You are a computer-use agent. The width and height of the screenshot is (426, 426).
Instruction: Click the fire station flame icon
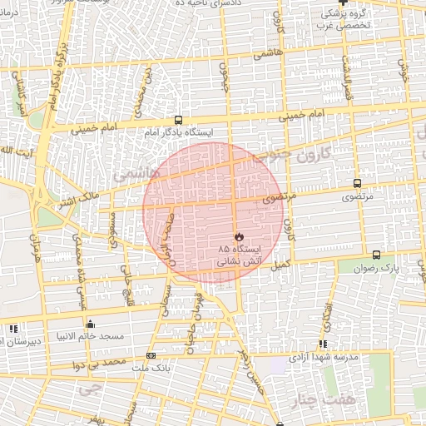click(240, 236)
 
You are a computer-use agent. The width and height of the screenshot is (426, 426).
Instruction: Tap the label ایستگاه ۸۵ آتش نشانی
click(240, 255)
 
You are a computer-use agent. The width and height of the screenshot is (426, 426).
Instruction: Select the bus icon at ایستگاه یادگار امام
click(177, 120)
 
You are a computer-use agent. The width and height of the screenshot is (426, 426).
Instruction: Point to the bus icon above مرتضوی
click(357, 184)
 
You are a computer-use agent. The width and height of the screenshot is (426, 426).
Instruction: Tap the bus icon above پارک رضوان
click(376, 255)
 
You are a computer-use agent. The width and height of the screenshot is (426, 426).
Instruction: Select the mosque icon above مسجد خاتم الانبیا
click(90, 324)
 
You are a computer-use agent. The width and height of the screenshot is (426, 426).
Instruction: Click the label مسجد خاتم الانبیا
click(90, 337)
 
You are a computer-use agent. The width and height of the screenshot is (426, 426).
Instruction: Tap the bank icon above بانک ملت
click(150, 355)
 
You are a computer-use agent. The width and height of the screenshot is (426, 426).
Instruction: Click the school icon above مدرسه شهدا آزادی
click(323, 344)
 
